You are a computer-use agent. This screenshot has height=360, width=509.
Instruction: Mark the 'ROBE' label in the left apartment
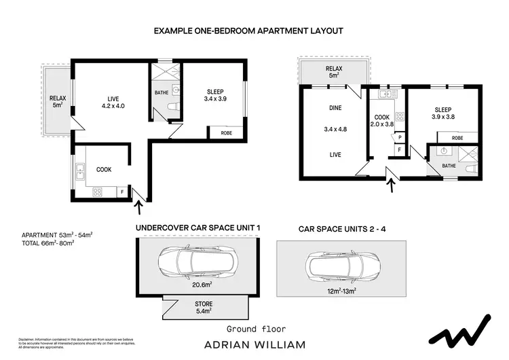(226, 133)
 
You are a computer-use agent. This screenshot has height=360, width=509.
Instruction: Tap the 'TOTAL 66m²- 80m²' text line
(48, 242)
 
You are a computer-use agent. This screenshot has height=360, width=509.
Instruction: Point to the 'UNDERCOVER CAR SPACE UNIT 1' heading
(198, 228)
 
